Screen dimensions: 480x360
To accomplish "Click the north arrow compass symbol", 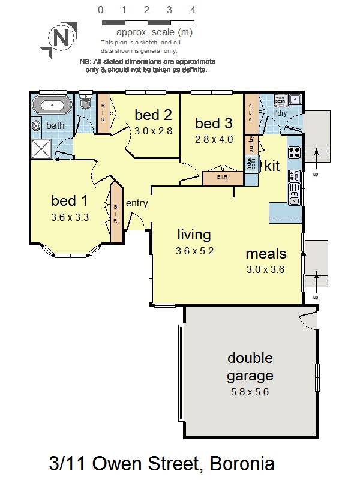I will [61, 38].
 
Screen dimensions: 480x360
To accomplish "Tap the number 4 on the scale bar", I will [193, 10].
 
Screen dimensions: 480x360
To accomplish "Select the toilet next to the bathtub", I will [86, 104].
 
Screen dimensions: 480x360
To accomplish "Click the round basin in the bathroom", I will [37, 126].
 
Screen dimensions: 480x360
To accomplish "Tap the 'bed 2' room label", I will [154, 115].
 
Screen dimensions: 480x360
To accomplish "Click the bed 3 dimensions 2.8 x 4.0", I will [213, 139].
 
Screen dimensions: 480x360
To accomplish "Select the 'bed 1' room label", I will [70, 200].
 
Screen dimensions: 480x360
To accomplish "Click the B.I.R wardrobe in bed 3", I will [218, 178].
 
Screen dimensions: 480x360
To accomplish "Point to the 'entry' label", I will [137, 203].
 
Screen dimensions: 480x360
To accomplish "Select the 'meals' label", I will [266, 253].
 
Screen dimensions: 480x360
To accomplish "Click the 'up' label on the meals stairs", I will [316, 296].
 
